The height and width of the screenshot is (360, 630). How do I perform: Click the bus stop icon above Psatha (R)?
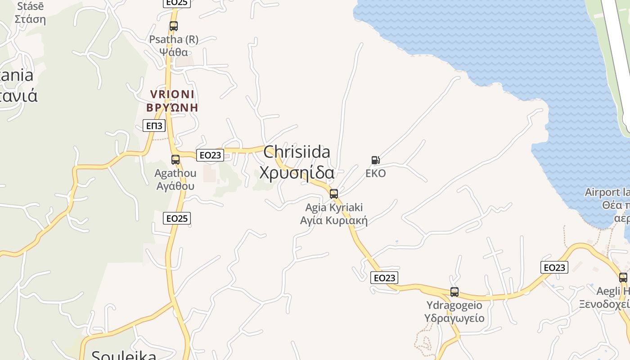pos(173,26)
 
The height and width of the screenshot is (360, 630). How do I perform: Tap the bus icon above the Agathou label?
pos(175,159)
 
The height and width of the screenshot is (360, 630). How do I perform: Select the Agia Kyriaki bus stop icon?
pos(334,194)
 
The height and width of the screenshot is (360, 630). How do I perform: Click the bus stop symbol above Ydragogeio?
pos(454,292)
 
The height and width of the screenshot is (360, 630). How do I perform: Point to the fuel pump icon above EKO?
pos(375,160)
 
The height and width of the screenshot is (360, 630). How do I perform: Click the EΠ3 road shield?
pos(154,126)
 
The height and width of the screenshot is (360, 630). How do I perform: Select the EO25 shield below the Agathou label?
pos(177,218)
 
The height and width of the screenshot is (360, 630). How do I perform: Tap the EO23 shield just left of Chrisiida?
pos(210,155)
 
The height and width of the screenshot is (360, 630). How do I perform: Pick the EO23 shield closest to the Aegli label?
pos(554,267)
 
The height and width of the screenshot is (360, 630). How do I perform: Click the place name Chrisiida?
pos(297,152)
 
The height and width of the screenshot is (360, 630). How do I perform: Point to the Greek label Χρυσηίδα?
pos(297,173)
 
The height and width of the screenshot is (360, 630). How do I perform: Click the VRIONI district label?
pos(172,94)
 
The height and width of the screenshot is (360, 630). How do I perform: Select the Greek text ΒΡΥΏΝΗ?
pos(172,108)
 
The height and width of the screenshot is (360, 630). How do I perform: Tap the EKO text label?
pos(375,174)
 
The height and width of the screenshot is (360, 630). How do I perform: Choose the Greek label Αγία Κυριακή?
pos(334,220)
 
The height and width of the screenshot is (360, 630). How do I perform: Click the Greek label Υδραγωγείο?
pos(454,318)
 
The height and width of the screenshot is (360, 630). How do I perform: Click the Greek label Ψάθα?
pos(174,52)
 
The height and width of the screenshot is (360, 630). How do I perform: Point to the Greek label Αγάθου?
pos(175,186)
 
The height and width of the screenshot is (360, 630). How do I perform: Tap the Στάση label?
pos(30,19)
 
